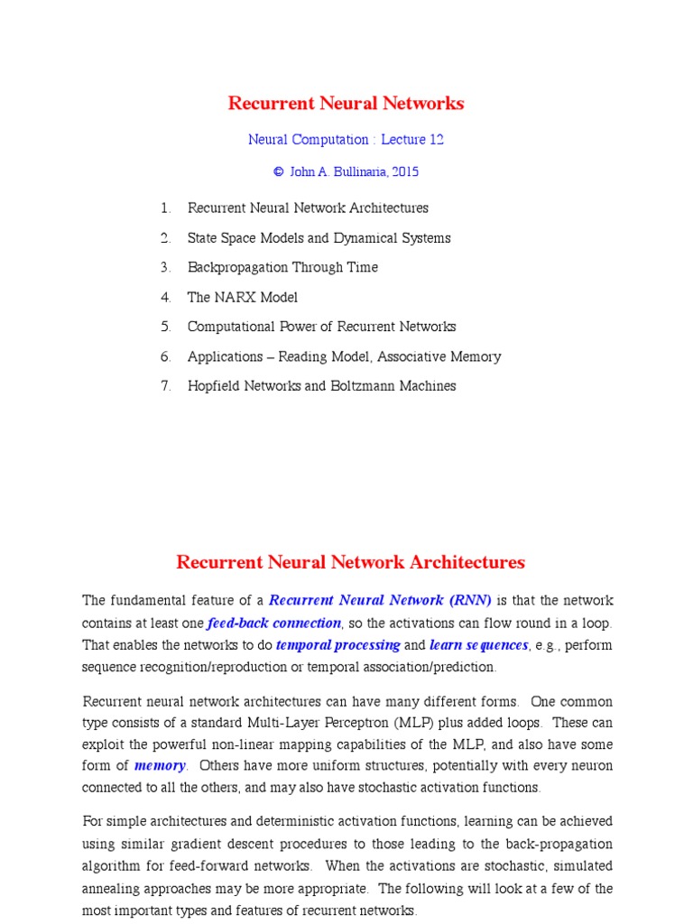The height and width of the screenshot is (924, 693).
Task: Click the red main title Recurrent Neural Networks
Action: [x=346, y=103]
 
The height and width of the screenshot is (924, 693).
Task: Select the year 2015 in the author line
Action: [x=403, y=171]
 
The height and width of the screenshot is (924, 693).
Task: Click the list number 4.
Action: [x=165, y=297]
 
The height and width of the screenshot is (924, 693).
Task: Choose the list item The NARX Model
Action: [x=242, y=297]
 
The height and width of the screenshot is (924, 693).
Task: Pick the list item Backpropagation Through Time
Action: [x=282, y=267]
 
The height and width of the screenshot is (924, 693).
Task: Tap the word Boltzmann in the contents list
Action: [x=363, y=386]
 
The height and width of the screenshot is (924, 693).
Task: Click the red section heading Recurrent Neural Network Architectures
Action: [x=350, y=562]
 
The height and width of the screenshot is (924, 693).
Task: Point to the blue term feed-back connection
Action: [x=274, y=623]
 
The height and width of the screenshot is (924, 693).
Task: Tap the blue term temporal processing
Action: [x=338, y=645]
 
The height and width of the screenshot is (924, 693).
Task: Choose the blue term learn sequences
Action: [x=478, y=645]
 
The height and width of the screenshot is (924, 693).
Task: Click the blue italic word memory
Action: [x=160, y=765]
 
